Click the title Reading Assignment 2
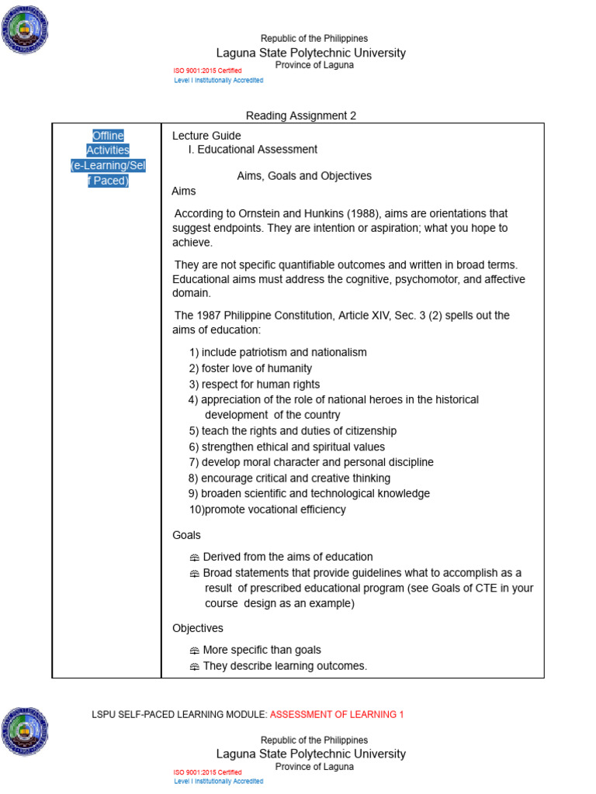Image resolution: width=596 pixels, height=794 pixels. click(x=301, y=116)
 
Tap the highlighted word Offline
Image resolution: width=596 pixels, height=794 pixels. click(x=108, y=135)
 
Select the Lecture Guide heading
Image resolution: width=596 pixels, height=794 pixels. click(x=206, y=136)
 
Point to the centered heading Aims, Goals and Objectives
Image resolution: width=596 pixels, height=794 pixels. click(x=304, y=176)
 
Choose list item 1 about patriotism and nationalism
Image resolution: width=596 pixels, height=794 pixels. click(x=278, y=352)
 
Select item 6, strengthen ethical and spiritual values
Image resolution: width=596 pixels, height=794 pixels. click(x=286, y=447)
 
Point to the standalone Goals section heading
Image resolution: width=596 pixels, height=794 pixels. click(x=186, y=535)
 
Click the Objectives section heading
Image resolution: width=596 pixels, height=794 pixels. click(x=197, y=628)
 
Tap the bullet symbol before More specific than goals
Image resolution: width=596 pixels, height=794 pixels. click(x=194, y=651)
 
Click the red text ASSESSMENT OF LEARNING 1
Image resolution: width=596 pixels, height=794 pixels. click(x=337, y=714)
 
